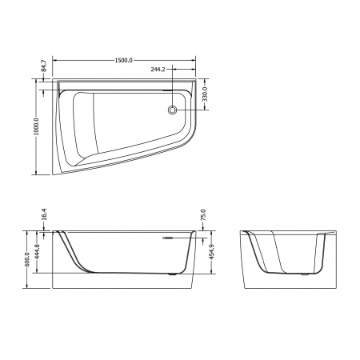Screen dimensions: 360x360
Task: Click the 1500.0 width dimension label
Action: (x=123, y=61)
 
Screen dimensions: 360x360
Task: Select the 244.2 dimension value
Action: (x=158, y=70)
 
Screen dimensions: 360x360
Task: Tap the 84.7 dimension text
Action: (x=44, y=66)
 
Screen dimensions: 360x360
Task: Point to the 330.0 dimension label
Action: (x=205, y=94)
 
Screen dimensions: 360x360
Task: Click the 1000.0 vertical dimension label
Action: (x=36, y=126)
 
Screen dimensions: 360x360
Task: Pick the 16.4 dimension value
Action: (x=44, y=214)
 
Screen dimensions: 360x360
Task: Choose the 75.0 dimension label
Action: (x=203, y=215)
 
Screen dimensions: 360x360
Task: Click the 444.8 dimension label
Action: (x=37, y=251)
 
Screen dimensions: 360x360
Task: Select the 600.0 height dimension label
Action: (x=27, y=259)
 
